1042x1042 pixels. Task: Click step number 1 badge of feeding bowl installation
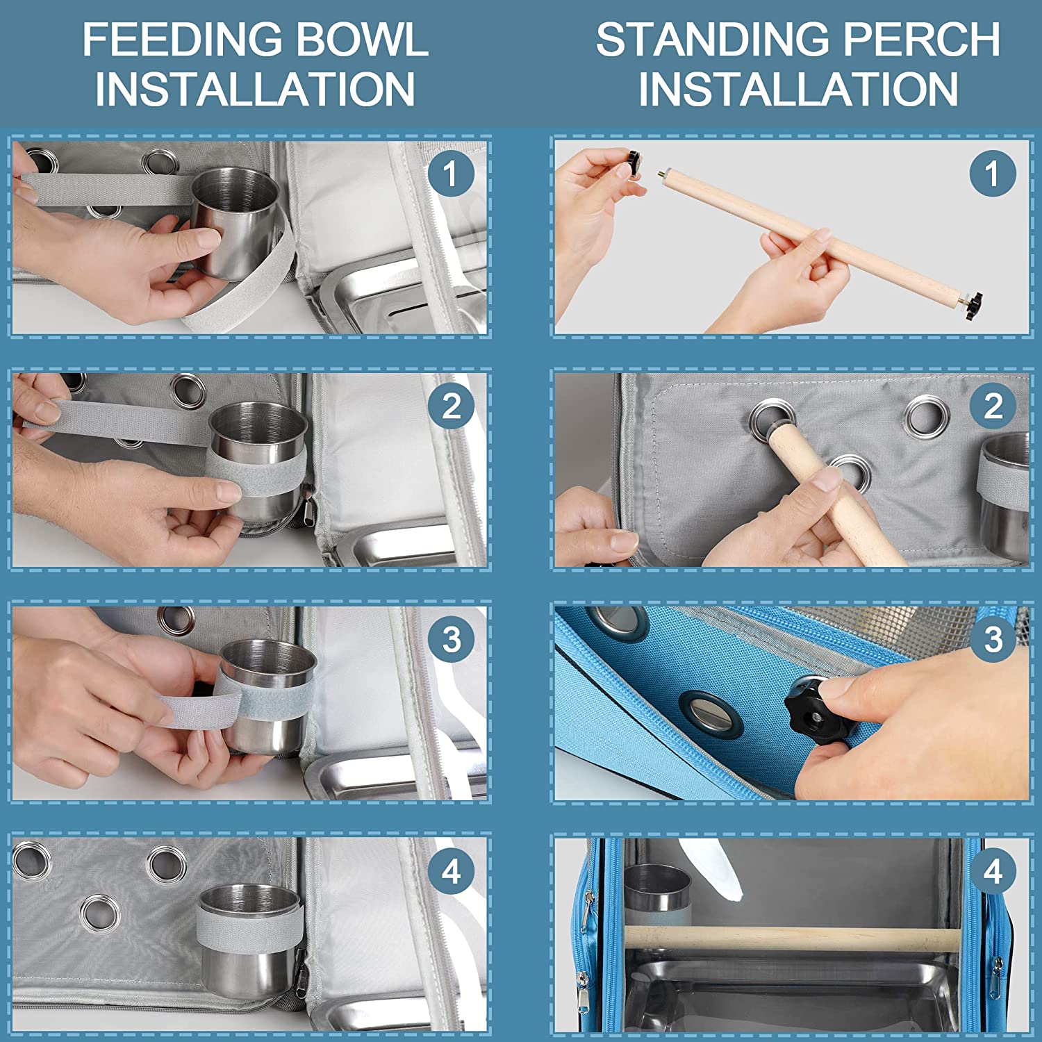click(x=451, y=174)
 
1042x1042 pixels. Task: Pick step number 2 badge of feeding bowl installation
click(x=451, y=406)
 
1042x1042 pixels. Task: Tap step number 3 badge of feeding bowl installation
click(x=451, y=639)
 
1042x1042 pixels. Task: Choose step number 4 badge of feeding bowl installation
click(x=451, y=871)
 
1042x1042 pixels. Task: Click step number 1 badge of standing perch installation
click(x=993, y=174)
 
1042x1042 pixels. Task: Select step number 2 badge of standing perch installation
click(x=993, y=406)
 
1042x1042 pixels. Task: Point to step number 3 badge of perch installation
click(x=993, y=639)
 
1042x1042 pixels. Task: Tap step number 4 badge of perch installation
click(x=993, y=871)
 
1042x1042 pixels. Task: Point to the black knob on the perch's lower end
click(x=973, y=306)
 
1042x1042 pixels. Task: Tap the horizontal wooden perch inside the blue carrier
click(x=792, y=938)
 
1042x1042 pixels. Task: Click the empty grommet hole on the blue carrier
click(x=711, y=711)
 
